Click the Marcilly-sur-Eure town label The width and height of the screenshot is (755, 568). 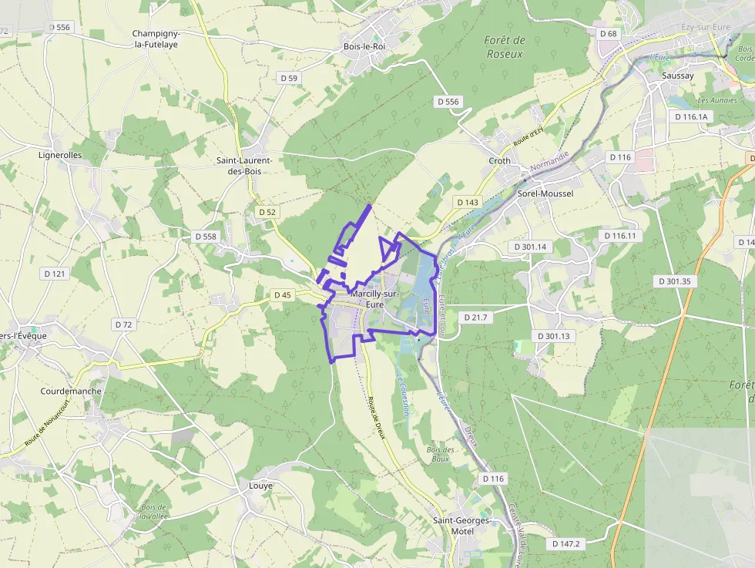374,299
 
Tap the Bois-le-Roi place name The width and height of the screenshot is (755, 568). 364,46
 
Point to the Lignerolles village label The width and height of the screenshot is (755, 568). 60,154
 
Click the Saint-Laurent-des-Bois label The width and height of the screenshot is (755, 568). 249,165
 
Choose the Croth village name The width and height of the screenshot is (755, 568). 499,161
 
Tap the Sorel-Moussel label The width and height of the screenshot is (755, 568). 545,193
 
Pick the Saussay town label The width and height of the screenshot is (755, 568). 678,76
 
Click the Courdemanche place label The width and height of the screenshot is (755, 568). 71,391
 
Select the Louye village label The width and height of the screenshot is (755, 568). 260,486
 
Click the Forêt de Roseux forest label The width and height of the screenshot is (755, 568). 505,47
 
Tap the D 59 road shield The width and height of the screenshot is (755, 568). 289,78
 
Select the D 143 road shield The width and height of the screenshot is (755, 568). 467,202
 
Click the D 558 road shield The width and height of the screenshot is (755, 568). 206,236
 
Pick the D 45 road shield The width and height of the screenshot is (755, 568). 283,294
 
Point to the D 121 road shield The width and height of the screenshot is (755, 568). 55,273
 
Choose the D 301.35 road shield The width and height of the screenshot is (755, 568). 675,281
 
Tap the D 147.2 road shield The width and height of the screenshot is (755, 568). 566,543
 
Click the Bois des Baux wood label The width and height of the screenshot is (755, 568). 438,453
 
